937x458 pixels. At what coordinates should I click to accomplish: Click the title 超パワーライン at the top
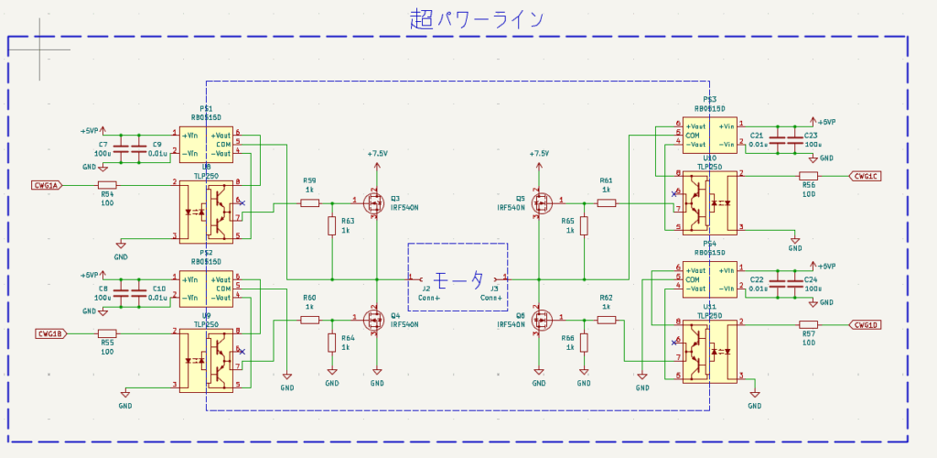point(477,18)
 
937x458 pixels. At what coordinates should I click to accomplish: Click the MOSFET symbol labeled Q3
point(374,202)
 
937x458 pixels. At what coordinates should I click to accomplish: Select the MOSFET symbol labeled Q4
point(374,320)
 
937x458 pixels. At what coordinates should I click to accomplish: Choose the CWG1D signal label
point(866,324)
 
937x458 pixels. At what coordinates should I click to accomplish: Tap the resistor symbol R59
point(310,202)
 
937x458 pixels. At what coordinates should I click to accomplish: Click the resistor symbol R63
point(331,225)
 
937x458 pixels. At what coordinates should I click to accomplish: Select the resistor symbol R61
point(607,202)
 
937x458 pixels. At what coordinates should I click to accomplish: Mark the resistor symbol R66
point(584,343)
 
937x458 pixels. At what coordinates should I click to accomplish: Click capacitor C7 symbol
point(120,147)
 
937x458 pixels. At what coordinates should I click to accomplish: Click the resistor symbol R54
point(107,185)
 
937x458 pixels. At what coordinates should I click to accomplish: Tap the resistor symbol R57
point(808,324)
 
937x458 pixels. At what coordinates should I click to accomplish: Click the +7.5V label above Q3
point(377,154)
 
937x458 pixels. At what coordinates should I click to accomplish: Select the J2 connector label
point(425,288)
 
